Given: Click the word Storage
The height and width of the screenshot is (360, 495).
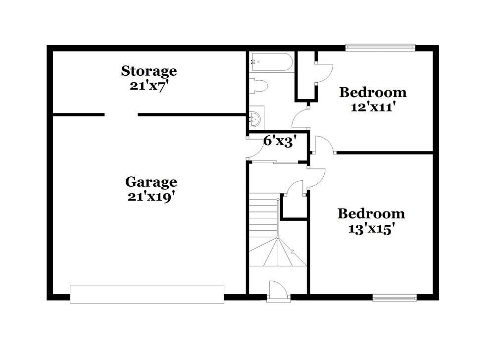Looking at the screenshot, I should click(149, 71).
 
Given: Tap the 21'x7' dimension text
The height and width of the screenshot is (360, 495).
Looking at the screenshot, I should click(149, 85).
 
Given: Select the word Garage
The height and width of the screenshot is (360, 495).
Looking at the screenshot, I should click(151, 182).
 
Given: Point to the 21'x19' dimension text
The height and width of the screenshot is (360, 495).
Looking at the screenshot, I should click(151, 196).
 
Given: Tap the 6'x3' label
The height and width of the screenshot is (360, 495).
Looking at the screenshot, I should click(280, 141).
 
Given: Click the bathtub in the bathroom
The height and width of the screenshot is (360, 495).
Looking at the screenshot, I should click(271, 62).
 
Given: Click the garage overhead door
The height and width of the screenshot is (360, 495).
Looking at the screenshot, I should click(147, 294).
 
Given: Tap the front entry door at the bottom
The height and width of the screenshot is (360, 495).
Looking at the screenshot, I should click(276, 292).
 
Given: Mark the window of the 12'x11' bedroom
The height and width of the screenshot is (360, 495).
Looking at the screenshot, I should click(380, 48).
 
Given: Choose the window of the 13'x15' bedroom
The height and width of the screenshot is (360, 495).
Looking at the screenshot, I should click(395, 298).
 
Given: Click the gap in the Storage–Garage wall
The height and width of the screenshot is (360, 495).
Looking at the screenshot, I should click(121, 115).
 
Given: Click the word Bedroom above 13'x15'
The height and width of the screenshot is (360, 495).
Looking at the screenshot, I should click(371, 214).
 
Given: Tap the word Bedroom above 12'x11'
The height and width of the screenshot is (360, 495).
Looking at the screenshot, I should click(372, 92).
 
